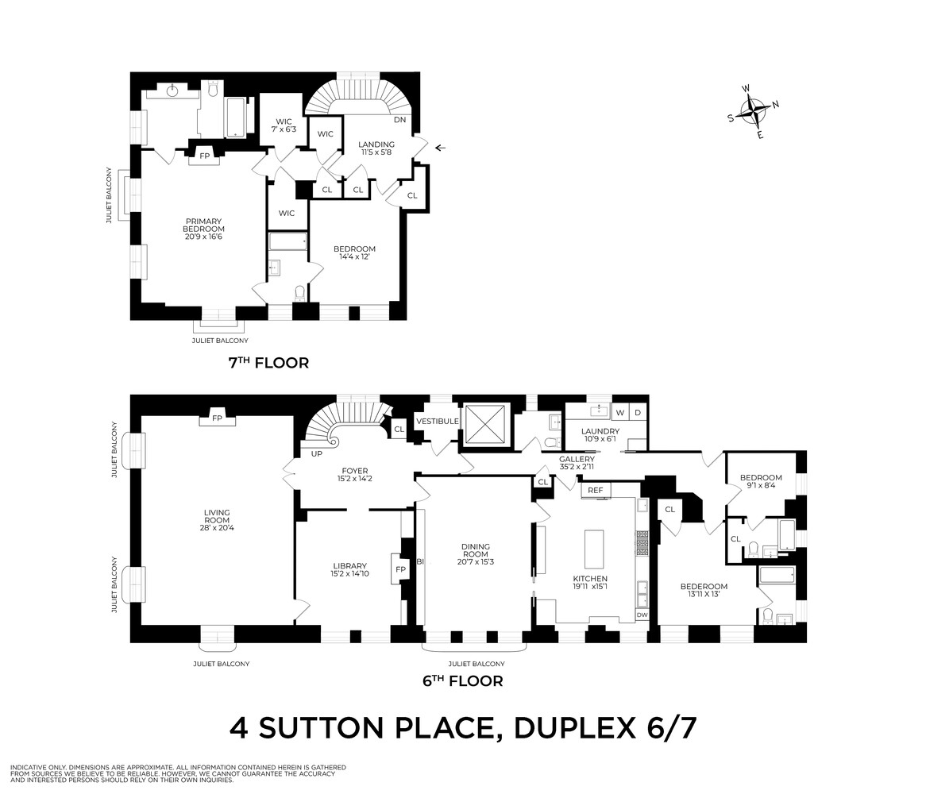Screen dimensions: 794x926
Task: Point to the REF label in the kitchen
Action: pyautogui.click(x=595, y=491)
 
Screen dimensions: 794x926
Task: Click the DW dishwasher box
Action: pyautogui.click(x=642, y=615)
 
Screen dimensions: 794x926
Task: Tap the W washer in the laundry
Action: pyautogui.click(x=620, y=413)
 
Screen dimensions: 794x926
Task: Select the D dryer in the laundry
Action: pyautogui.click(x=638, y=413)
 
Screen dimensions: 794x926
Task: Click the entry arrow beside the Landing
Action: pyautogui.click(x=440, y=147)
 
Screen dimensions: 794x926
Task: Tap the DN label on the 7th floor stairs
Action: pyautogui.click(x=400, y=120)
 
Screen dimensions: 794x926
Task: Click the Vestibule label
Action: pyautogui.click(x=436, y=421)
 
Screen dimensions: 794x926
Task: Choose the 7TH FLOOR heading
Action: pyautogui.click(x=268, y=363)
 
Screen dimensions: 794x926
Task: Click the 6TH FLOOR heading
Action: pyautogui.click(x=463, y=680)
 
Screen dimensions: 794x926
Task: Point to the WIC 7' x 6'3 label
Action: pyautogui.click(x=284, y=125)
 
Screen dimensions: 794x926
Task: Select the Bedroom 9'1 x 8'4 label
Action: pyautogui.click(x=760, y=483)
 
